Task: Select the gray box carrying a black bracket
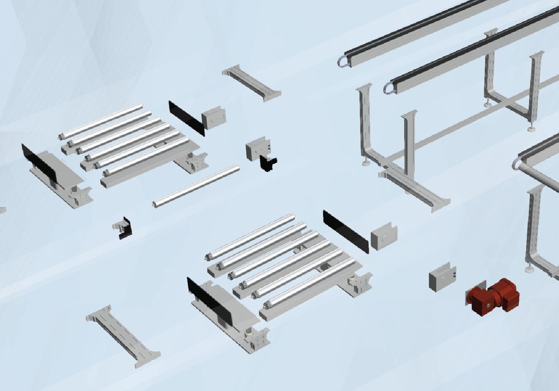tap(255, 149)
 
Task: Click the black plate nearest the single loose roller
tap(186, 117)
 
